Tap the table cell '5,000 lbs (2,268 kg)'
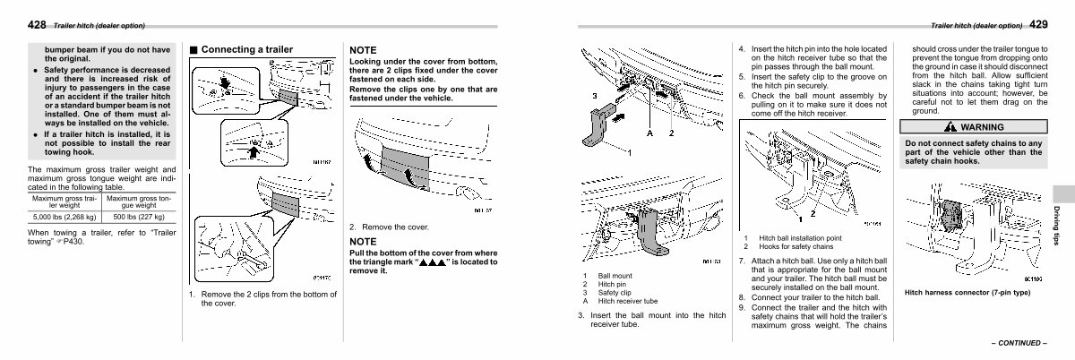point(64,217)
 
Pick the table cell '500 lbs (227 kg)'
point(139,217)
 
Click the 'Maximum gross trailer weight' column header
point(64,201)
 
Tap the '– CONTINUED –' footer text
point(1017,342)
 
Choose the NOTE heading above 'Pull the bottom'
point(363,242)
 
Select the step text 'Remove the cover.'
point(394,227)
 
